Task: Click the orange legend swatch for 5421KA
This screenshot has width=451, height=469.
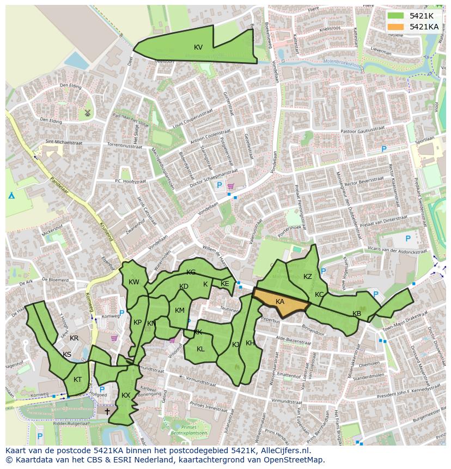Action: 396,27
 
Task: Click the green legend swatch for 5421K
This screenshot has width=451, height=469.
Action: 396,16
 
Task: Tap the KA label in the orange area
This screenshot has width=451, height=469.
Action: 280,302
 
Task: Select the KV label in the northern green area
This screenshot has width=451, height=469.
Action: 198,47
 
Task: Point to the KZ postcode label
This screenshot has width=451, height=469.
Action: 308,277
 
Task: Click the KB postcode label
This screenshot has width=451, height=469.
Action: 357,314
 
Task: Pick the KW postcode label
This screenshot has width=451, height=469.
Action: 134,282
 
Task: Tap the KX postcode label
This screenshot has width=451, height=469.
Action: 126,395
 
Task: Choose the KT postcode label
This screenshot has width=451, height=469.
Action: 78,380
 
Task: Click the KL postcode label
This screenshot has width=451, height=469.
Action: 200,349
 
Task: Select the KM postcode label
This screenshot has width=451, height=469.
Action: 180,310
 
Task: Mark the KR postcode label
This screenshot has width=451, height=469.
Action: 74,338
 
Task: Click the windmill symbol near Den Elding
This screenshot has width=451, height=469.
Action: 86,113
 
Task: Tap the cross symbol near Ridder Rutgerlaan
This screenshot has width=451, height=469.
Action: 107,411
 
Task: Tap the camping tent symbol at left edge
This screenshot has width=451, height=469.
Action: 11,196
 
